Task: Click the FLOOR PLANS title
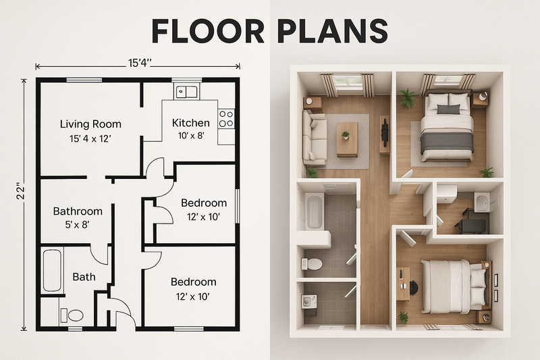[x=269, y=30]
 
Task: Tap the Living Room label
[x=90, y=124]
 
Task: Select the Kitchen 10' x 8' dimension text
[x=190, y=136]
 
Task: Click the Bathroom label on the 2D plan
[x=78, y=211]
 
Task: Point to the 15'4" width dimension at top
[x=138, y=65]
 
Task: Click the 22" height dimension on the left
[x=22, y=192]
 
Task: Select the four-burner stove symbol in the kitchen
[x=226, y=119]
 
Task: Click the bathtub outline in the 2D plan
[x=53, y=272]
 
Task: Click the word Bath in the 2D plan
[x=84, y=276]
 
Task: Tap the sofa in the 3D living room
[x=315, y=138]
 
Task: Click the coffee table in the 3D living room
[x=347, y=138]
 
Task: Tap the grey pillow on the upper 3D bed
[x=448, y=109]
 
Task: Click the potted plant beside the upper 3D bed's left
[x=407, y=99]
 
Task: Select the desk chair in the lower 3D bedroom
[x=412, y=287]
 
